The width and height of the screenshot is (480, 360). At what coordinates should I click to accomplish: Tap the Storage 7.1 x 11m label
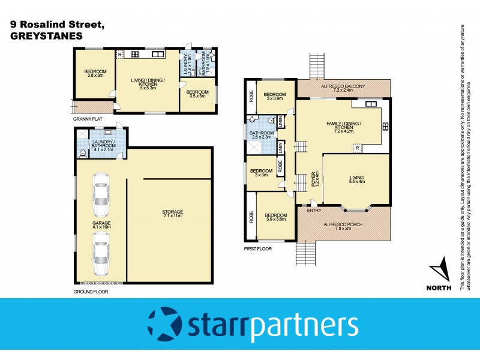[x=172, y=214]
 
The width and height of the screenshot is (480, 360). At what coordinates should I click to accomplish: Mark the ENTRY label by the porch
[x=313, y=210]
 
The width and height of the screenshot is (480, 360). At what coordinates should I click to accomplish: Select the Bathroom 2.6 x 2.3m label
[x=261, y=135]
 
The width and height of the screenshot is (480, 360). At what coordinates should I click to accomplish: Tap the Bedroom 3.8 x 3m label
[x=95, y=74]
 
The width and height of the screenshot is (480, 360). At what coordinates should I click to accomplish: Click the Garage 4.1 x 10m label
[x=101, y=225]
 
